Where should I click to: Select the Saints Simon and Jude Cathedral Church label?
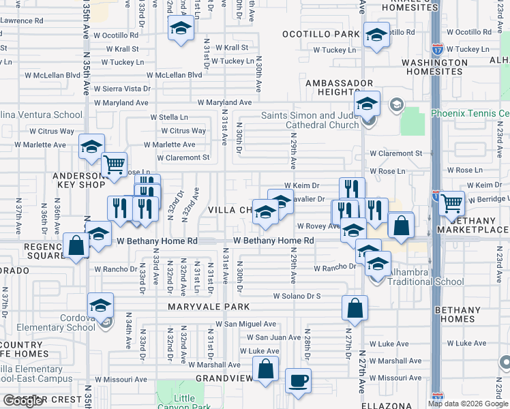(310, 120)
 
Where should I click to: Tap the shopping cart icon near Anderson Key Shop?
(114, 164)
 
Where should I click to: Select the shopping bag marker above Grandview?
(266, 369)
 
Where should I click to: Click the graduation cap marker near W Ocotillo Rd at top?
(180, 29)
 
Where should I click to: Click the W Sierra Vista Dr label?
(122, 89)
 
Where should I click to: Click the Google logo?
(22, 401)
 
